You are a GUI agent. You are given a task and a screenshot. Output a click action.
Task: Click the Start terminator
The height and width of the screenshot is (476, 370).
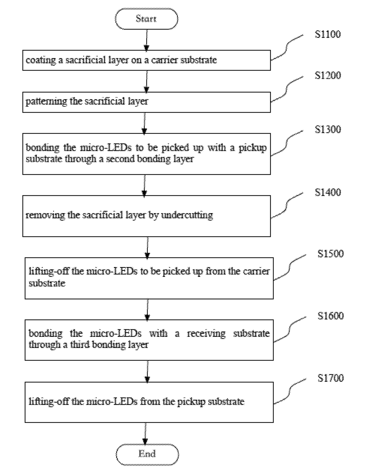click(147, 19)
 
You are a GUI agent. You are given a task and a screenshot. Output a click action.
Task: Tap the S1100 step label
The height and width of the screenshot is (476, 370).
click(328, 34)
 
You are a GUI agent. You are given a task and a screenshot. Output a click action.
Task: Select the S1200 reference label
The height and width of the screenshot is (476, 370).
click(328, 75)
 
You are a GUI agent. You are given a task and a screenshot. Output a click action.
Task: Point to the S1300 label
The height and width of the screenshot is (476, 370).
click(328, 129)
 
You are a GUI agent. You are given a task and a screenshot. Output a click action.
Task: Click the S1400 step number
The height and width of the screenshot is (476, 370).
click(328, 192)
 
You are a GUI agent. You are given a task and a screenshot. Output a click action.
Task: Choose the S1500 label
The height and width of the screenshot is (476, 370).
click(331, 254)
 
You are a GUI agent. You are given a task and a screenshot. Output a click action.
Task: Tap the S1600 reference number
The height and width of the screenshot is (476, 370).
click(331, 316)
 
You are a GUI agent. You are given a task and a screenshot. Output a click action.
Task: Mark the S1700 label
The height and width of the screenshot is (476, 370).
click(331, 378)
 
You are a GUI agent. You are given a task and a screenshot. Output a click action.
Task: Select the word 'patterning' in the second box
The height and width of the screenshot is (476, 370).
click(46, 102)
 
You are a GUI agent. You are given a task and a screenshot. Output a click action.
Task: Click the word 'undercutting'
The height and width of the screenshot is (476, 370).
click(187, 215)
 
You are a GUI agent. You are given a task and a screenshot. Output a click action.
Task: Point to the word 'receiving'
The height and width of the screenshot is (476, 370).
click(206, 334)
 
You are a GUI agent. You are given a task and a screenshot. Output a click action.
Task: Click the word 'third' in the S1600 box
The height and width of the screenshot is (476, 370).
click(80, 345)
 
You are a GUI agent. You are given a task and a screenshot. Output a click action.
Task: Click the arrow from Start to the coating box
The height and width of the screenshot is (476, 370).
click(147, 40)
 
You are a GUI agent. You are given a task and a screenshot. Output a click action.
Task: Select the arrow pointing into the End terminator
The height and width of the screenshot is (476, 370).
click(145, 433)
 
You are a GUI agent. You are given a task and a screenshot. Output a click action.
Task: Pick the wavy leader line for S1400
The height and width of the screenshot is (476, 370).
click(287, 205)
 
